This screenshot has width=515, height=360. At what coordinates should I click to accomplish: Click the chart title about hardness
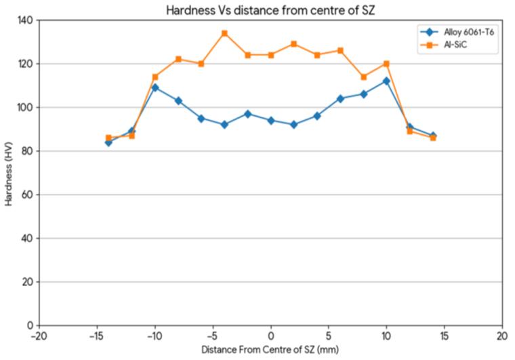(x=270, y=10)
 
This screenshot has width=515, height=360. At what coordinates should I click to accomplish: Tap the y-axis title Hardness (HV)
(x=9, y=174)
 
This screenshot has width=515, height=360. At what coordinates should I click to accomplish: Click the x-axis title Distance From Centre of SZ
(x=270, y=349)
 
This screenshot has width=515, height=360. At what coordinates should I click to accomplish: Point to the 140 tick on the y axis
(x=25, y=20)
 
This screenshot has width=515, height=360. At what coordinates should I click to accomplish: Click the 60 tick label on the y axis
(x=28, y=195)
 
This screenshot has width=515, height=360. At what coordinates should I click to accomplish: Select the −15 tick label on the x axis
(x=97, y=336)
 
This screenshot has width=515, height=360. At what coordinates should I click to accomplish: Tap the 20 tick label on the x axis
(x=502, y=336)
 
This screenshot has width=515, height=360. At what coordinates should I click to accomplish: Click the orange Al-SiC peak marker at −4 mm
(x=224, y=33)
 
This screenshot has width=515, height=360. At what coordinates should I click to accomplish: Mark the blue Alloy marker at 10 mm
(x=386, y=81)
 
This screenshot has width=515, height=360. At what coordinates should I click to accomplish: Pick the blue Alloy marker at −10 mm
(x=155, y=87)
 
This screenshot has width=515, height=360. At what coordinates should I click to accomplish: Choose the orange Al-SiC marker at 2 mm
(x=294, y=44)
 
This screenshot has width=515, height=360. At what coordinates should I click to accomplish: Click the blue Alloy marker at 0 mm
(x=270, y=121)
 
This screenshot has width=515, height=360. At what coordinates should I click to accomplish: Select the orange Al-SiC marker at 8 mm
(x=363, y=77)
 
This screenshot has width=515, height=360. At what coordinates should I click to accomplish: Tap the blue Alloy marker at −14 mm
(x=108, y=142)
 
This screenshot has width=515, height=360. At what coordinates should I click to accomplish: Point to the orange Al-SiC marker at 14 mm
(x=433, y=138)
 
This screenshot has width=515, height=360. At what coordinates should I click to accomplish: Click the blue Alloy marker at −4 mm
(x=224, y=125)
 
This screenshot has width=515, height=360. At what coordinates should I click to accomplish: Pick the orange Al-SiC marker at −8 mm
(x=178, y=59)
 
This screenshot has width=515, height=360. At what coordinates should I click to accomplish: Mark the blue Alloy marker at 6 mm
(x=340, y=98)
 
